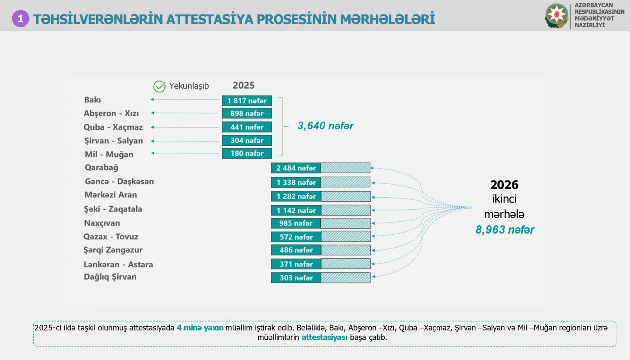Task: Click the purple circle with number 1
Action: pyautogui.click(x=20, y=19)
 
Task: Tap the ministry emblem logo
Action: pyautogui.click(x=556, y=16)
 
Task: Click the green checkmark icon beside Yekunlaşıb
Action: pyautogui.click(x=159, y=86)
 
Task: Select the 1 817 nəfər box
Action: pyautogui.click(x=247, y=101)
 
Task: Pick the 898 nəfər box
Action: pyautogui.click(x=247, y=113)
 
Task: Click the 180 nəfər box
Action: pyautogui.click(x=247, y=154)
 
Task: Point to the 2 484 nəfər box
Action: pyautogui.click(x=296, y=168)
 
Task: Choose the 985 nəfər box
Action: pyautogui.click(x=296, y=223)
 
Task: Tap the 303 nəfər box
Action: pyautogui.click(x=296, y=278)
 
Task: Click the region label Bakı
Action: pyautogui.click(x=93, y=100)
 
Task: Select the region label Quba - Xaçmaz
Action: pyautogui.click(x=113, y=127)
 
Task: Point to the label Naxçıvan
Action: pyautogui.click(x=102, y=223)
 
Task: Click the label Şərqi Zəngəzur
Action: pyautogui.click(x=113, y=250)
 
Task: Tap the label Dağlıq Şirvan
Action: pyautogui.click(x=110, y=277)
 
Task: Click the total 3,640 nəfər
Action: pyautogui.click(x=326, y=126)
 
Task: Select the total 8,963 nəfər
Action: pyautogui.click(x=505, y=230)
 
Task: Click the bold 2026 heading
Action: pyautogui.click(x=504, y=185)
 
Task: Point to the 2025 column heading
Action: pyautogui.click(x=244, y=85)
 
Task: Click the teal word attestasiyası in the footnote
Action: pyautogui.click(x=324, y=337)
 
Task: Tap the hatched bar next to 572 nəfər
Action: pyautogui.click(x=346, y=237)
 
